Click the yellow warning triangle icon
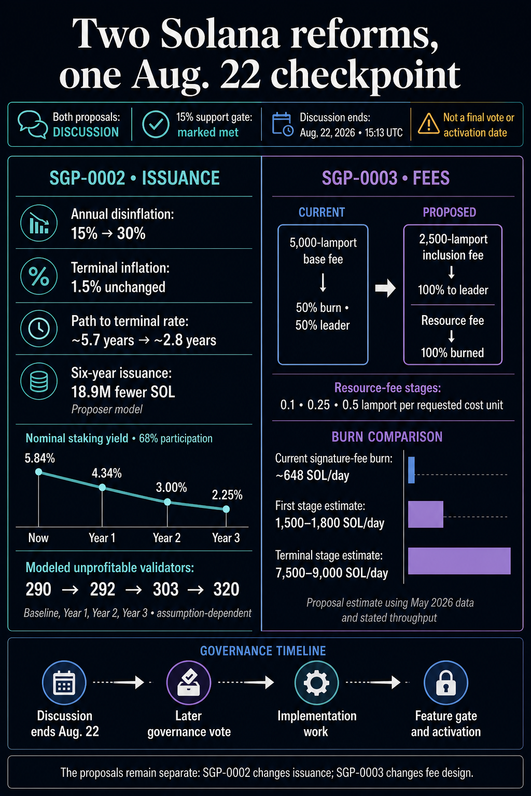(x=428, y=124)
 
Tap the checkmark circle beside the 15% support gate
(x=156, y=124)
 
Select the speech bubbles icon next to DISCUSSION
(x=33, y=124)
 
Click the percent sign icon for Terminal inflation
(x=39, y=276)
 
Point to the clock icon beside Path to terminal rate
(x=39, y=329)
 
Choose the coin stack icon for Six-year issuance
(x=39, y=381)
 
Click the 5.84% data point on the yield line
(x=39, y=472)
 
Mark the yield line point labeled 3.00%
(x=167, y=502)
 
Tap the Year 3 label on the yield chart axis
(x=226, y=537)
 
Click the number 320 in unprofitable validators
(x=226, y=590)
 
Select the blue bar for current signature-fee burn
(x=412, y=470)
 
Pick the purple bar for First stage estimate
(x=426, y=514)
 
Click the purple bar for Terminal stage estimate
(x=459, y=561)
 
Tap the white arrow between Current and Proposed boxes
(x=385, y=288)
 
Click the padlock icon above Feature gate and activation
(x=445, y=683)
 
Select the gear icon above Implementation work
(x=316, y=683)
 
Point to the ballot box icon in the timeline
(x=189, y=683)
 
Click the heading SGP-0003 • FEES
(x=385, y=178)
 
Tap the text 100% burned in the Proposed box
(x=452, y=352)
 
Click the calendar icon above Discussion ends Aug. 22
(x=64, y=683)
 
